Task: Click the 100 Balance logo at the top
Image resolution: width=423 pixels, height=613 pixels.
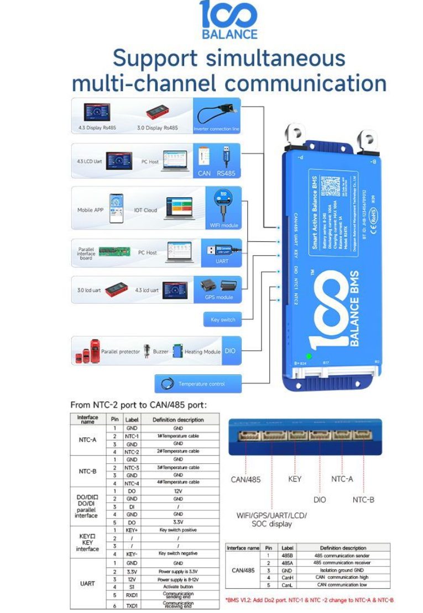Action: pyautogui.click(x=228, y=20)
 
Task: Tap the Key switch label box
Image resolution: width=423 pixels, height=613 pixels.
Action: pyautogui.click(x=223, y=320)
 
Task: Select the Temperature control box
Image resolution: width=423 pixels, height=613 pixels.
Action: pyautogui.click(x=199, y=384)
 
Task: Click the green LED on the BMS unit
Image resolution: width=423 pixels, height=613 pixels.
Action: pyautogui.click(x=309, y=357)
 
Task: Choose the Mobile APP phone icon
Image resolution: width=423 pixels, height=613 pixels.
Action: pyautogui.click(x=116, y=208)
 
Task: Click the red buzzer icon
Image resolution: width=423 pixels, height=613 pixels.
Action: pyautogui.click(x=147, y=351)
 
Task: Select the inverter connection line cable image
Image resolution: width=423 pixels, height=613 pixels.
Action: pyautogui.click(x=217, y=114)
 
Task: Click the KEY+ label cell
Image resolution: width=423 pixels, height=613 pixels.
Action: pyautogui.click(x=132, y=530)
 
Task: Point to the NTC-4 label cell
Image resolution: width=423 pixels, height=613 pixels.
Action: pyautogui.click(x=132, y=483)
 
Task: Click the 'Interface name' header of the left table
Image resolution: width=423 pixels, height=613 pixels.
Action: pyautogui.click(x=88, y=420)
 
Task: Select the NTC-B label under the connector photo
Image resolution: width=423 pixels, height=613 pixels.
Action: pyautogui.click(x=363, y=500)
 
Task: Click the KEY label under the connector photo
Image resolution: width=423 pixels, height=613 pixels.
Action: pyautogui.click(x=295, y=479)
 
